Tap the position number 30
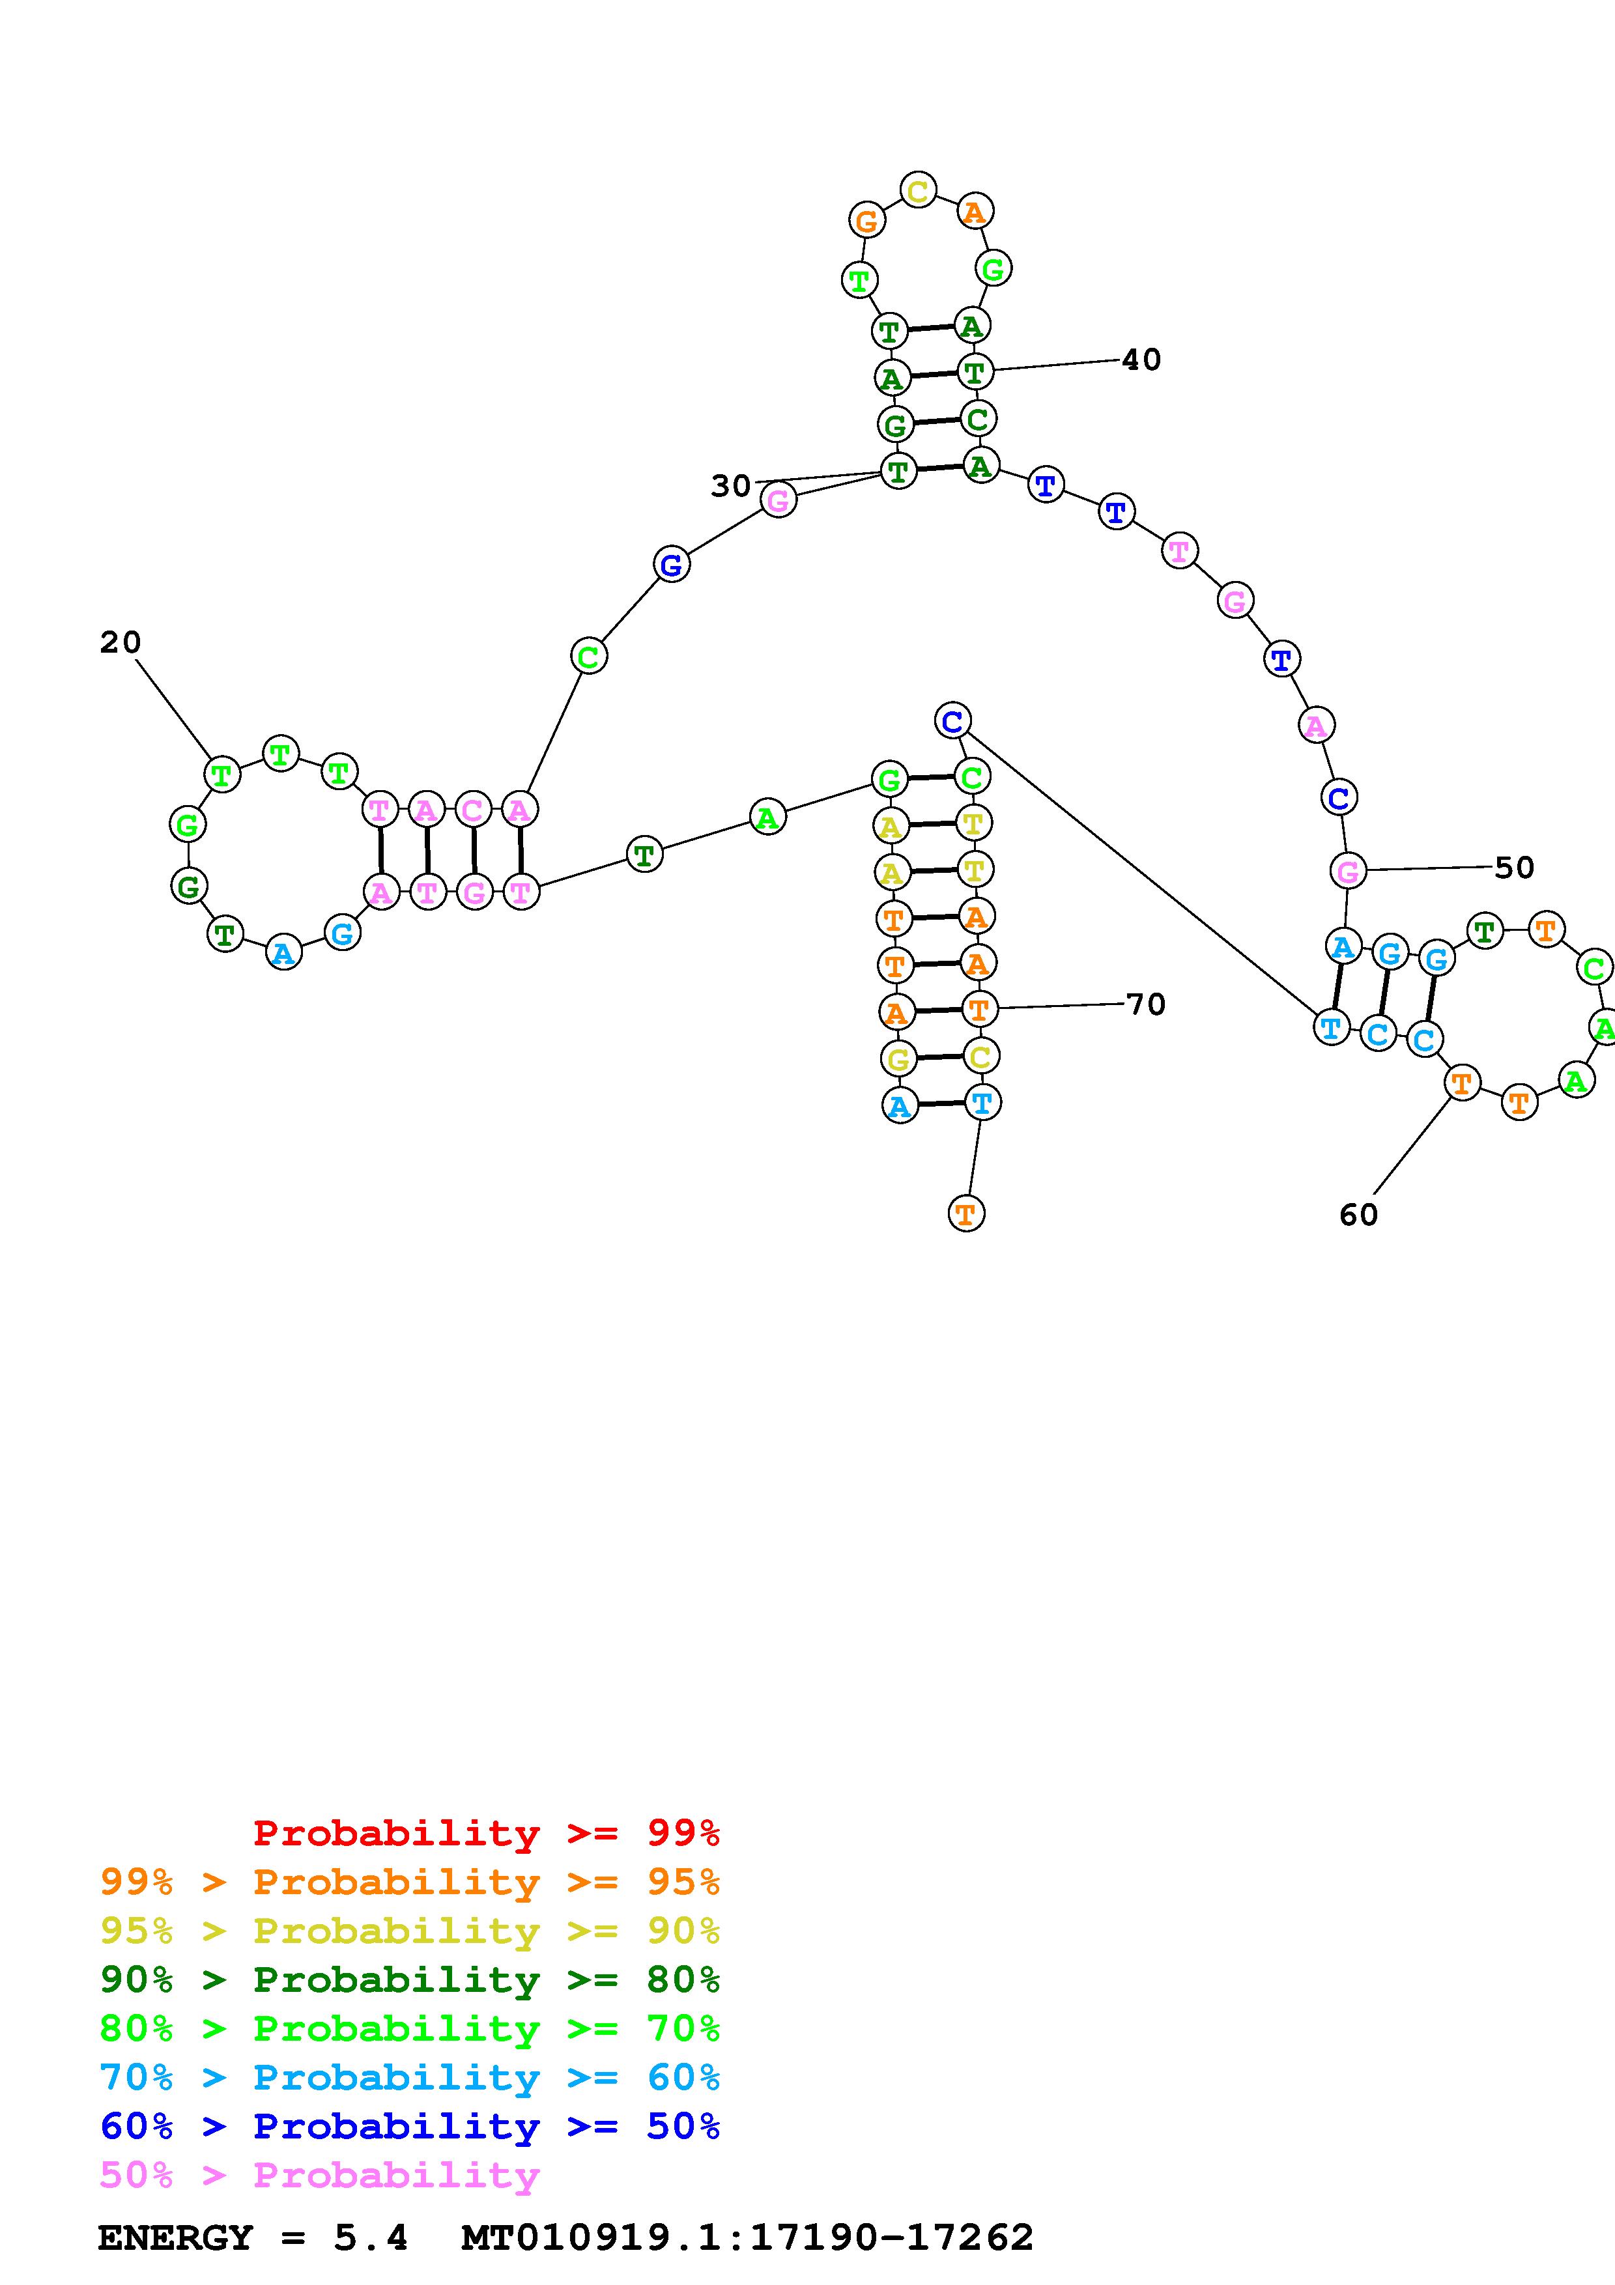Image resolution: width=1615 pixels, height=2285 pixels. point(730,486)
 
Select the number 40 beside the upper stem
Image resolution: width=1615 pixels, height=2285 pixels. point(1141,360)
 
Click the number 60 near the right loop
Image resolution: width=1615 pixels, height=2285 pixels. point(1358,1214)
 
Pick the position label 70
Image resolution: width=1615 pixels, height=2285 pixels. point(1145,1004)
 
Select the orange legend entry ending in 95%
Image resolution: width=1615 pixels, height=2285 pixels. point(410,1882)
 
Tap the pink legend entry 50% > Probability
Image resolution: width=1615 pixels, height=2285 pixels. point(319,2174)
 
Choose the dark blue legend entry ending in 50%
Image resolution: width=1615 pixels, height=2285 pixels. point(410,2126)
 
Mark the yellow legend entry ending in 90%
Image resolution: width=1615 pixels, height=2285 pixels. point(410,1931)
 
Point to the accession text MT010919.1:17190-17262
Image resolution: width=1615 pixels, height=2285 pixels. point(747,2237)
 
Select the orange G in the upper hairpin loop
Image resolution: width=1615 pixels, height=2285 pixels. point(866,221)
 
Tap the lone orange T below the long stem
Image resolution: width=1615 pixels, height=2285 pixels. point(965,1213)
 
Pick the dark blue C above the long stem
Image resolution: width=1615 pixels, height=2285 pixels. point(952,720)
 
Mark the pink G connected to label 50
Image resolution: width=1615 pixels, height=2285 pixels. point(1347,872)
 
